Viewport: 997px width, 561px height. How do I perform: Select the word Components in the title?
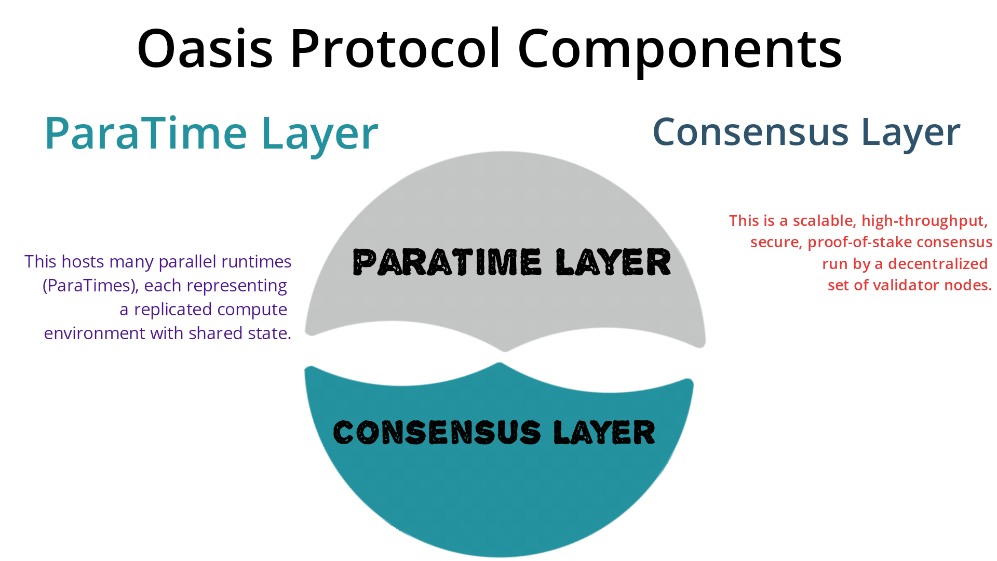(x=680, y=49)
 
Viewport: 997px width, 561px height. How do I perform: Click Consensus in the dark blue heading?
(x=750, y=132)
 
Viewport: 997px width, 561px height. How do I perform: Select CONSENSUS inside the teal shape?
(x=437, y=432)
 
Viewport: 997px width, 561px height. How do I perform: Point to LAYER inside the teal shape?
(x=604, y=432)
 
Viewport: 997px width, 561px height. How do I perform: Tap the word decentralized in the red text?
(x=938, y=264)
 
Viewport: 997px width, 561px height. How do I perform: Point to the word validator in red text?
(x=900, y=285)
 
